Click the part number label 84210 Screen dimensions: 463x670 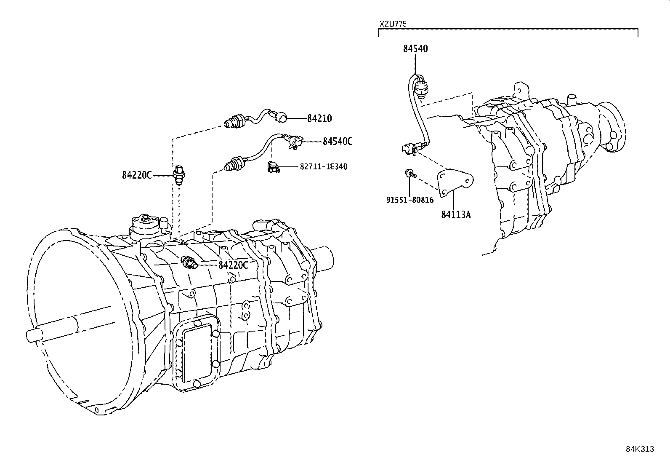[319, 118]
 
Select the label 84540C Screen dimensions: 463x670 [338, 141]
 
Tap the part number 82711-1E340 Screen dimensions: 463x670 [323, 167]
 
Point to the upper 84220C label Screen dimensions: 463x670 [137, 175]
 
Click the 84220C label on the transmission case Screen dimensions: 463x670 [233, 265]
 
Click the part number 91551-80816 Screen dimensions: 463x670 [409, 200]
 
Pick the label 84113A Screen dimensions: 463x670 [456, 214]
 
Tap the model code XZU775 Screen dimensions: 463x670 [393, 24]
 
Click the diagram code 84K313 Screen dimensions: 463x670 [640, 449]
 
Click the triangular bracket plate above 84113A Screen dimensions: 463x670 [453, 182]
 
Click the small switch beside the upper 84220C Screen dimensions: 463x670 [181, 174]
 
